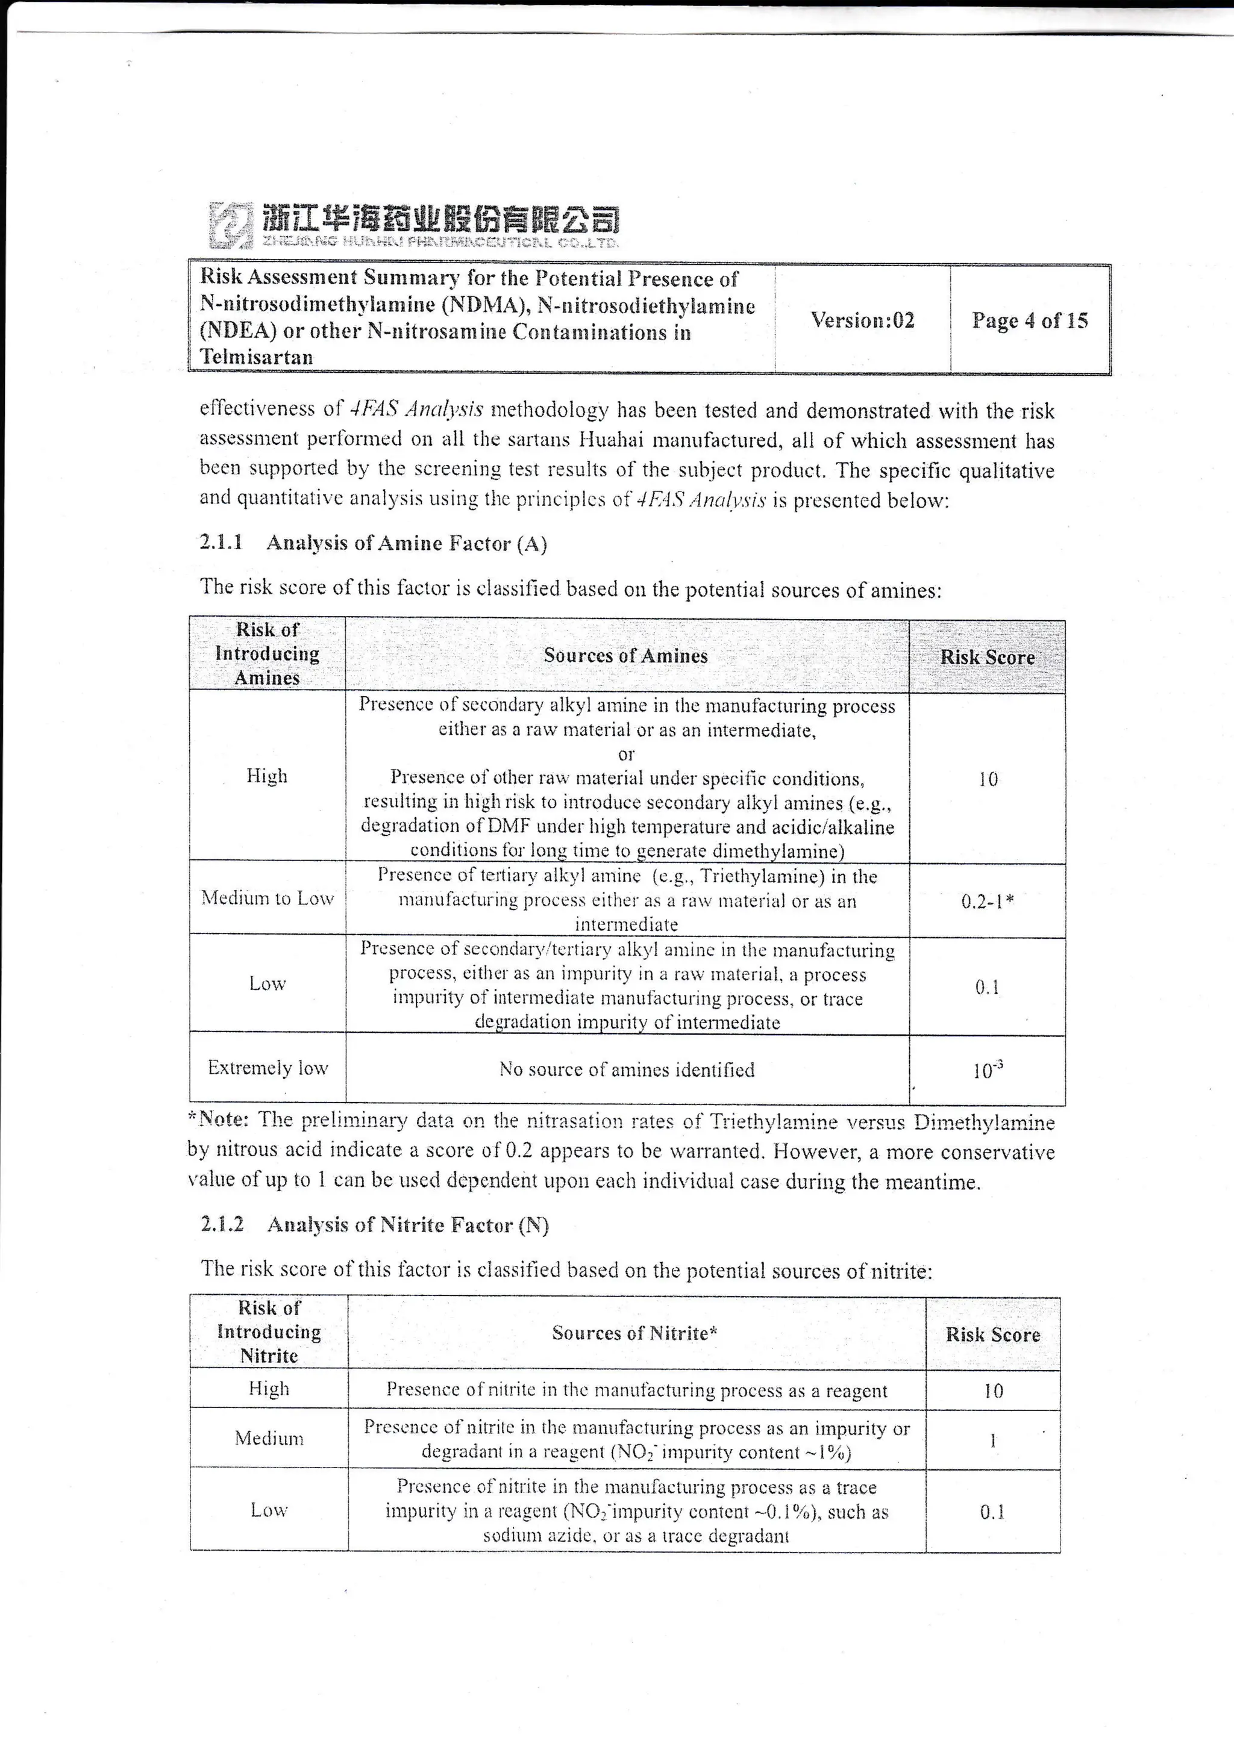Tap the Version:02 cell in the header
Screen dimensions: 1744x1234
tap(862, 320)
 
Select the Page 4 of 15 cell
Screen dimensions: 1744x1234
tap(1029, 320)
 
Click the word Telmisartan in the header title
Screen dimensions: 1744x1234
tap(256, 357)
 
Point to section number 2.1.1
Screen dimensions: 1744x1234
tap(221, 543)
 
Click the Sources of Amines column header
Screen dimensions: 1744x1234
tap(625, 656)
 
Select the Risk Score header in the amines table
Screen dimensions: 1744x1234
tap(987, 657)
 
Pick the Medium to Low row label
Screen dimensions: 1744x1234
tap(268, 898)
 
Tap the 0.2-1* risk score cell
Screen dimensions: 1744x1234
tap(987, 902)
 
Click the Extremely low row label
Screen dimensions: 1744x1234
tap(268, 1068)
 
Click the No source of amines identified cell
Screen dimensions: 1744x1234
tap(626, 1070)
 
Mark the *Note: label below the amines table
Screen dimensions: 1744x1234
tap(219, 1120)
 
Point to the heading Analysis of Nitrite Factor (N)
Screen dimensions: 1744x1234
tap(407, 1224)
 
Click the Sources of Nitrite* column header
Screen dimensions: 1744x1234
tap(634, 1333)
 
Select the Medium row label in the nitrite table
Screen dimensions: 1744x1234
tap(269, 1438)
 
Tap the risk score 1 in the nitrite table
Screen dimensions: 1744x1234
tap(992, 1439)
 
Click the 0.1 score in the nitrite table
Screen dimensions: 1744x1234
tap(992, 1512)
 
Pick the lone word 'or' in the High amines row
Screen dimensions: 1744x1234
tap(625, 754)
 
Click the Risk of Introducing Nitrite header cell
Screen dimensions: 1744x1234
tap(269, 1331)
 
